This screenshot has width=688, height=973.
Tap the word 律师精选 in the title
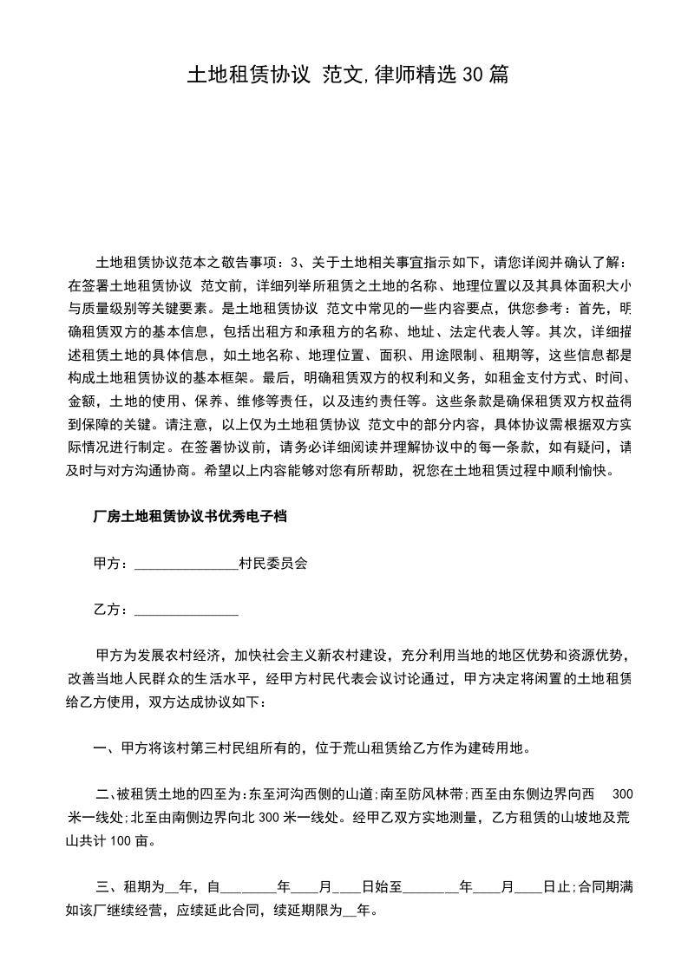(420, 75)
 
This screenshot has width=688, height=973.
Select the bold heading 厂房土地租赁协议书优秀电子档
(189, 517)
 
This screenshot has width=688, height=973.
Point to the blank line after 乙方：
(187, 610)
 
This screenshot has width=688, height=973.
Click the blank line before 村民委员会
(187, 563)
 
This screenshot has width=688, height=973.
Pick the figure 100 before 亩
(122, 840)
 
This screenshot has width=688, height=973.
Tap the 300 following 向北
(270, 817)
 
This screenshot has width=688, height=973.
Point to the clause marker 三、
(108, 886)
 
